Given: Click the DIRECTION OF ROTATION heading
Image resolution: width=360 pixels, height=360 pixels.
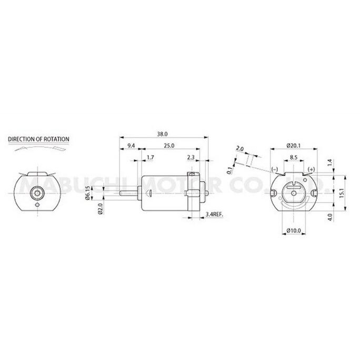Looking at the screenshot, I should [38, 139].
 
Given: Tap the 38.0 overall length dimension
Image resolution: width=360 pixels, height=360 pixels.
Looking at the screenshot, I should [163, 134].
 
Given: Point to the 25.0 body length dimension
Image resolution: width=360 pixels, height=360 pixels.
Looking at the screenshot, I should [169, 145].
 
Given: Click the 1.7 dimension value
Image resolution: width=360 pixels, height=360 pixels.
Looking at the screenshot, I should [151, 157].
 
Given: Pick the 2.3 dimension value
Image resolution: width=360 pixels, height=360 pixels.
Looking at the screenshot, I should [191, 157].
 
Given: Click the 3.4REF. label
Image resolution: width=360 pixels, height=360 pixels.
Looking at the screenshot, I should [214, 215].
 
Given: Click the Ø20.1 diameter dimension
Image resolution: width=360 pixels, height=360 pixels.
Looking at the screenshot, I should [294, 145].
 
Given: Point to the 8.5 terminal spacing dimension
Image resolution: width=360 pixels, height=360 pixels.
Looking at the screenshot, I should [294, 157].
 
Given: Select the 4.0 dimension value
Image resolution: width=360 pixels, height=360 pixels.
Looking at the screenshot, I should [330, 216].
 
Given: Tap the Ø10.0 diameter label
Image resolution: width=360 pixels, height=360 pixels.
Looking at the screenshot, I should [294, 231].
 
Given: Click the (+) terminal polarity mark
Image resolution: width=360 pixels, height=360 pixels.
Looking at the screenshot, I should [312, 168].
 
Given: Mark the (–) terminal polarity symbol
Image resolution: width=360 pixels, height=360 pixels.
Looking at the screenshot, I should [275, 168].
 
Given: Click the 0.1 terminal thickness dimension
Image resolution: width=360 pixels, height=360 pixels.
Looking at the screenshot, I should [229, 169].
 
